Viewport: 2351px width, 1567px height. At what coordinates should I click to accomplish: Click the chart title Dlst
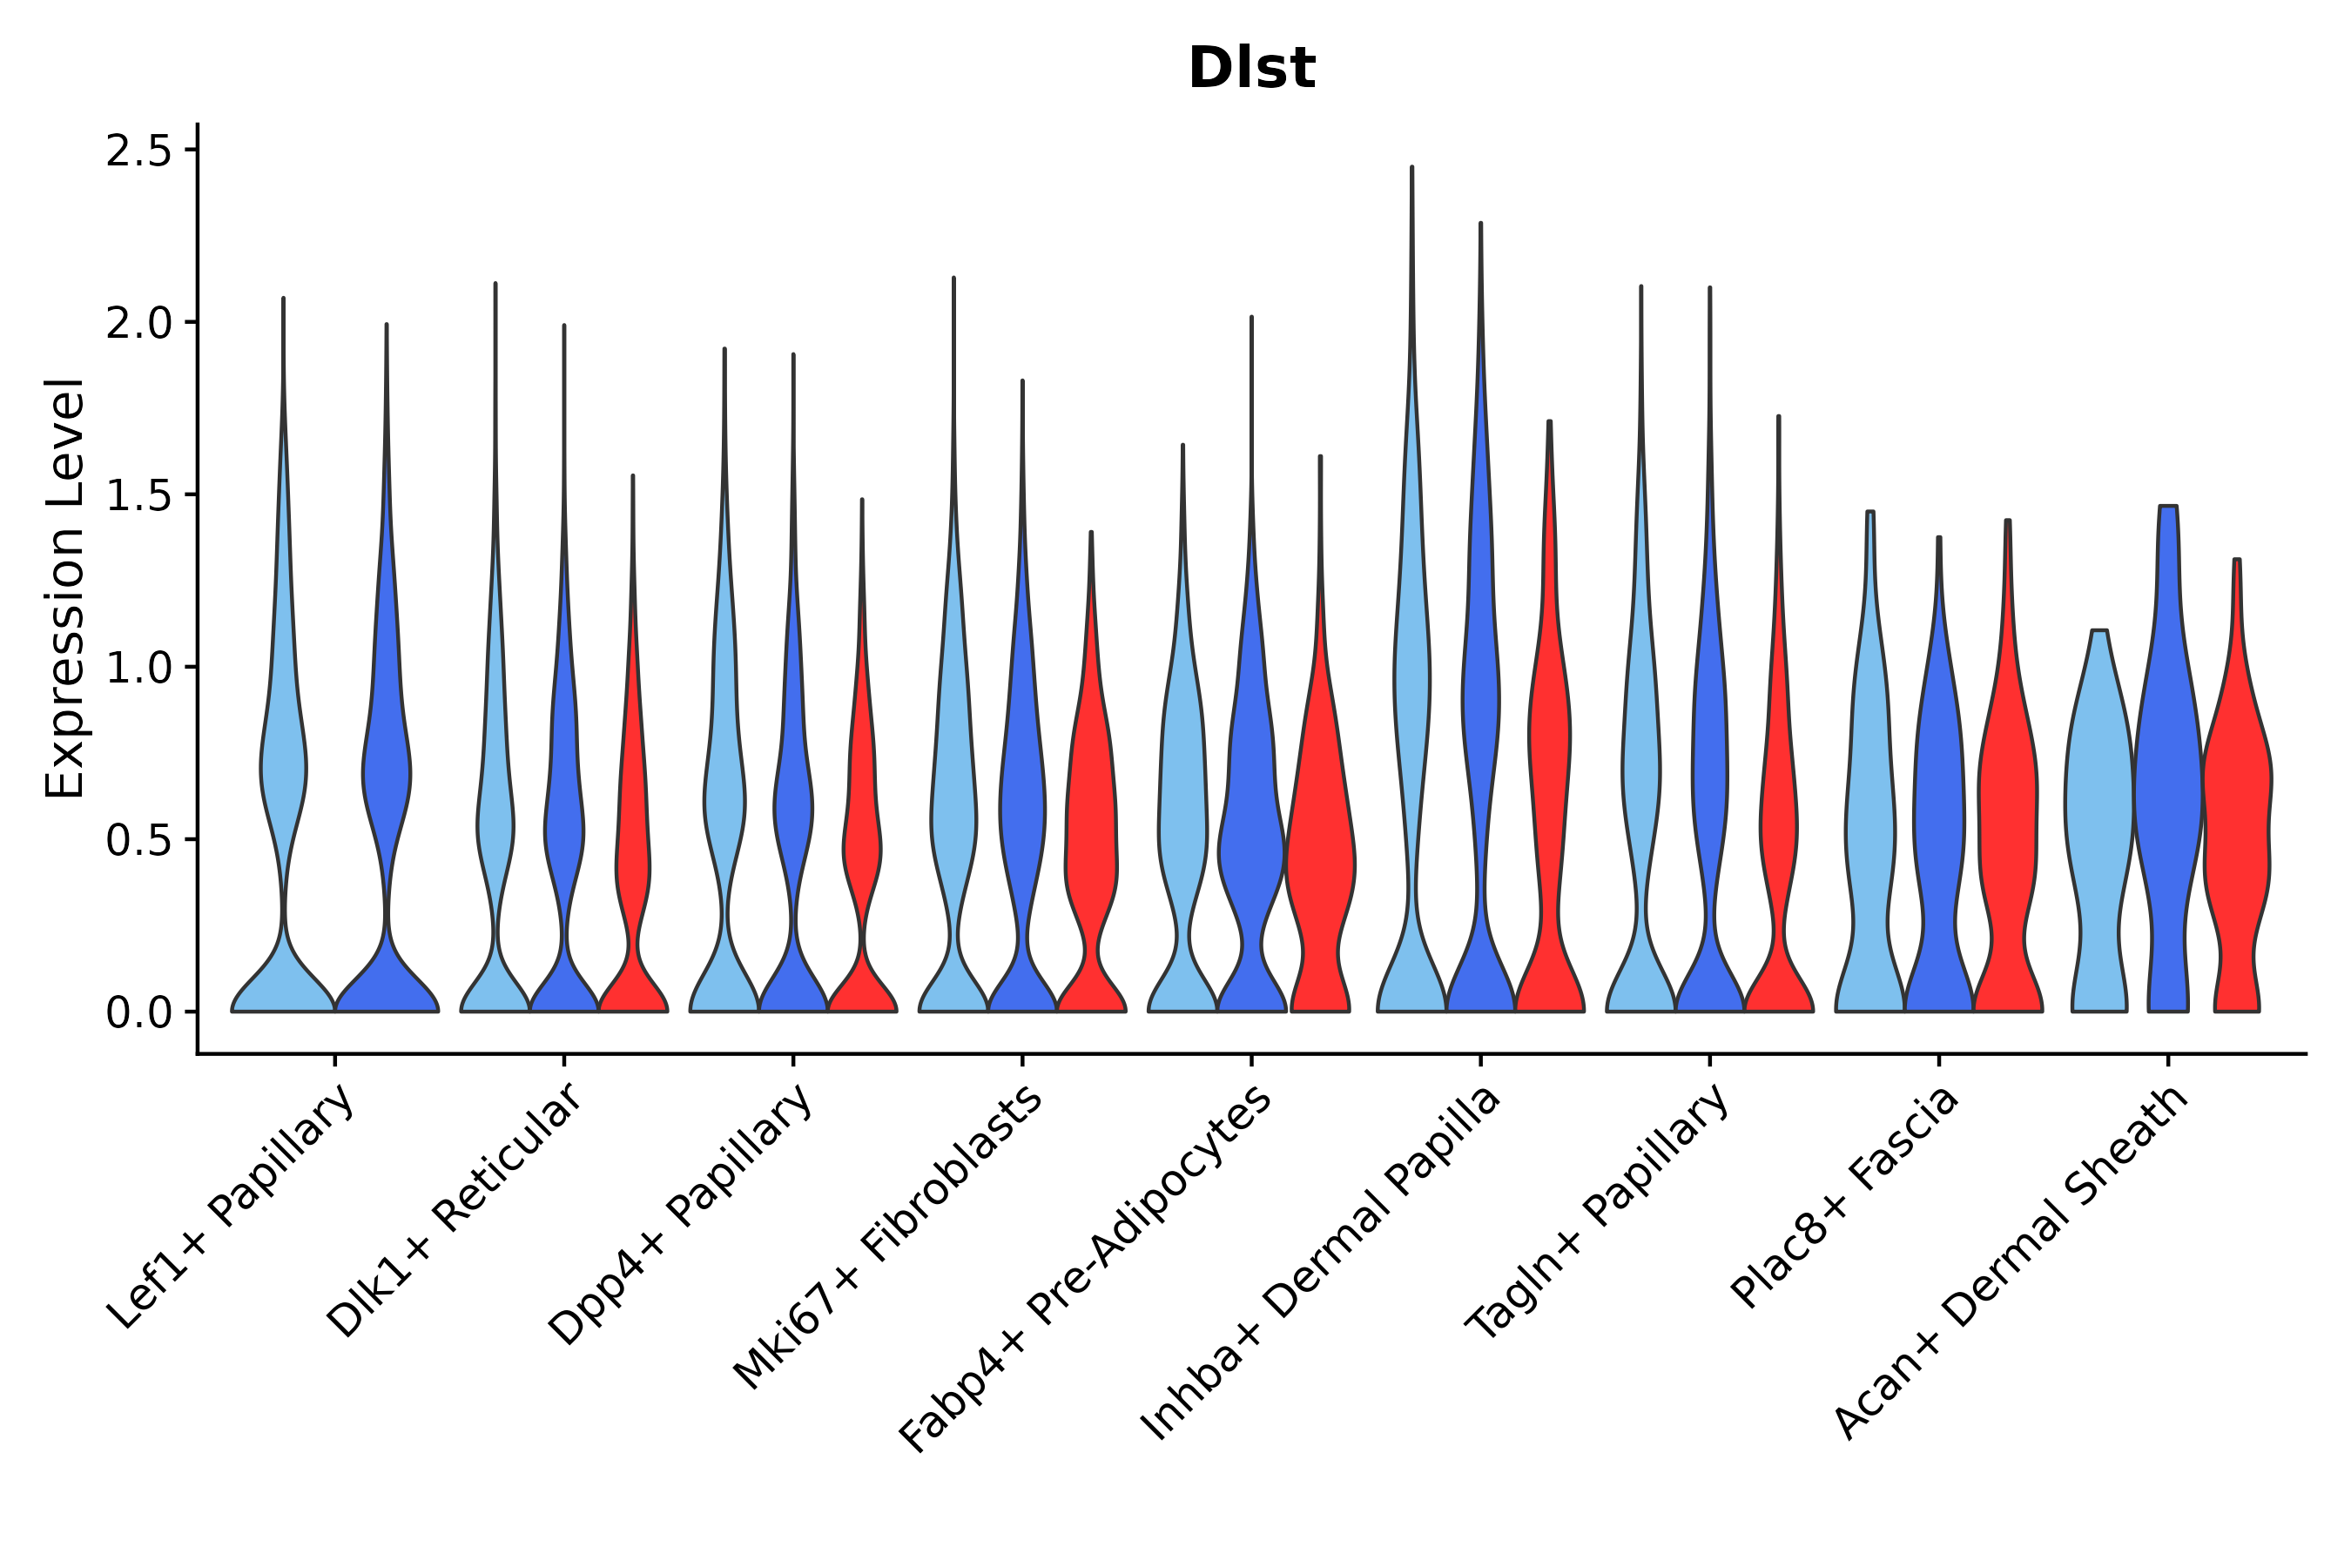point(1250,69)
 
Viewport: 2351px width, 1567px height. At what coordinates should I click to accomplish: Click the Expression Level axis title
point(65,588)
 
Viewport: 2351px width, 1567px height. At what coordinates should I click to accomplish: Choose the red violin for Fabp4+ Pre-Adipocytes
point(1319,850)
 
